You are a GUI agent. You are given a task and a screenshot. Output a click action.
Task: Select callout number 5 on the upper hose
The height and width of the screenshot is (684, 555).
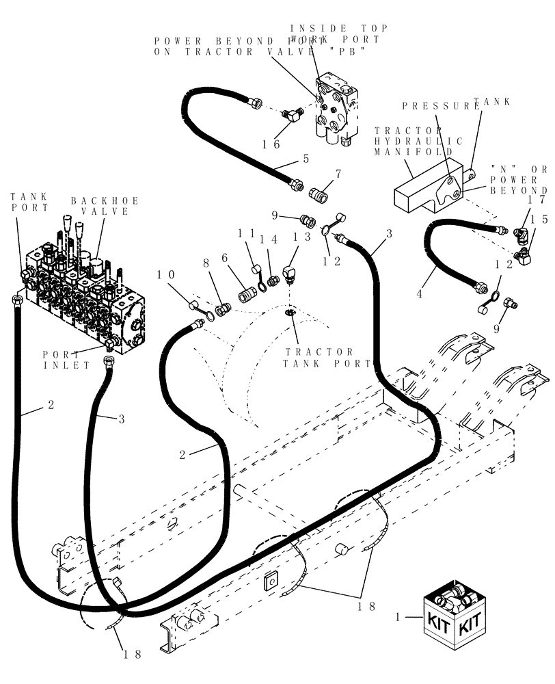tap(306, 158)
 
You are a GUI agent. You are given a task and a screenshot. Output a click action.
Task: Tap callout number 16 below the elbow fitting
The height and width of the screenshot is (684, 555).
tap(271, 145)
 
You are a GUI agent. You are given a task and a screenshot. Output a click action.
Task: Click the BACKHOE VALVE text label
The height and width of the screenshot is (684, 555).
tap(105, 206)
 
